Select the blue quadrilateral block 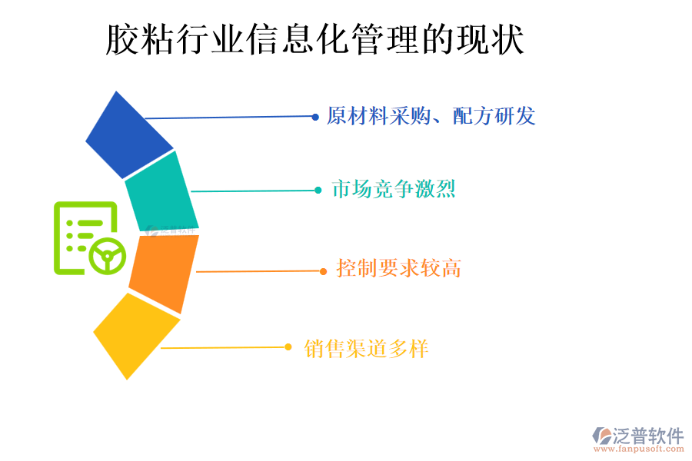point(128,137)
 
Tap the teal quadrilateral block point(161,192)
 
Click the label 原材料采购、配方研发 point(431,116)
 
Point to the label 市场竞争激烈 point(393,189)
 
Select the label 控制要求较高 point(398,268)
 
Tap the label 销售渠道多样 point(366,349)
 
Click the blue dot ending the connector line point(315,117)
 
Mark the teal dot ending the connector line point(318,190)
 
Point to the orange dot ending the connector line point(324,270)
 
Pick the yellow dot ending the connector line point(288,347)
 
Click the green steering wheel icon point(107,255)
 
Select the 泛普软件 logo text point(646,436)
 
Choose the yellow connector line point(223,348)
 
